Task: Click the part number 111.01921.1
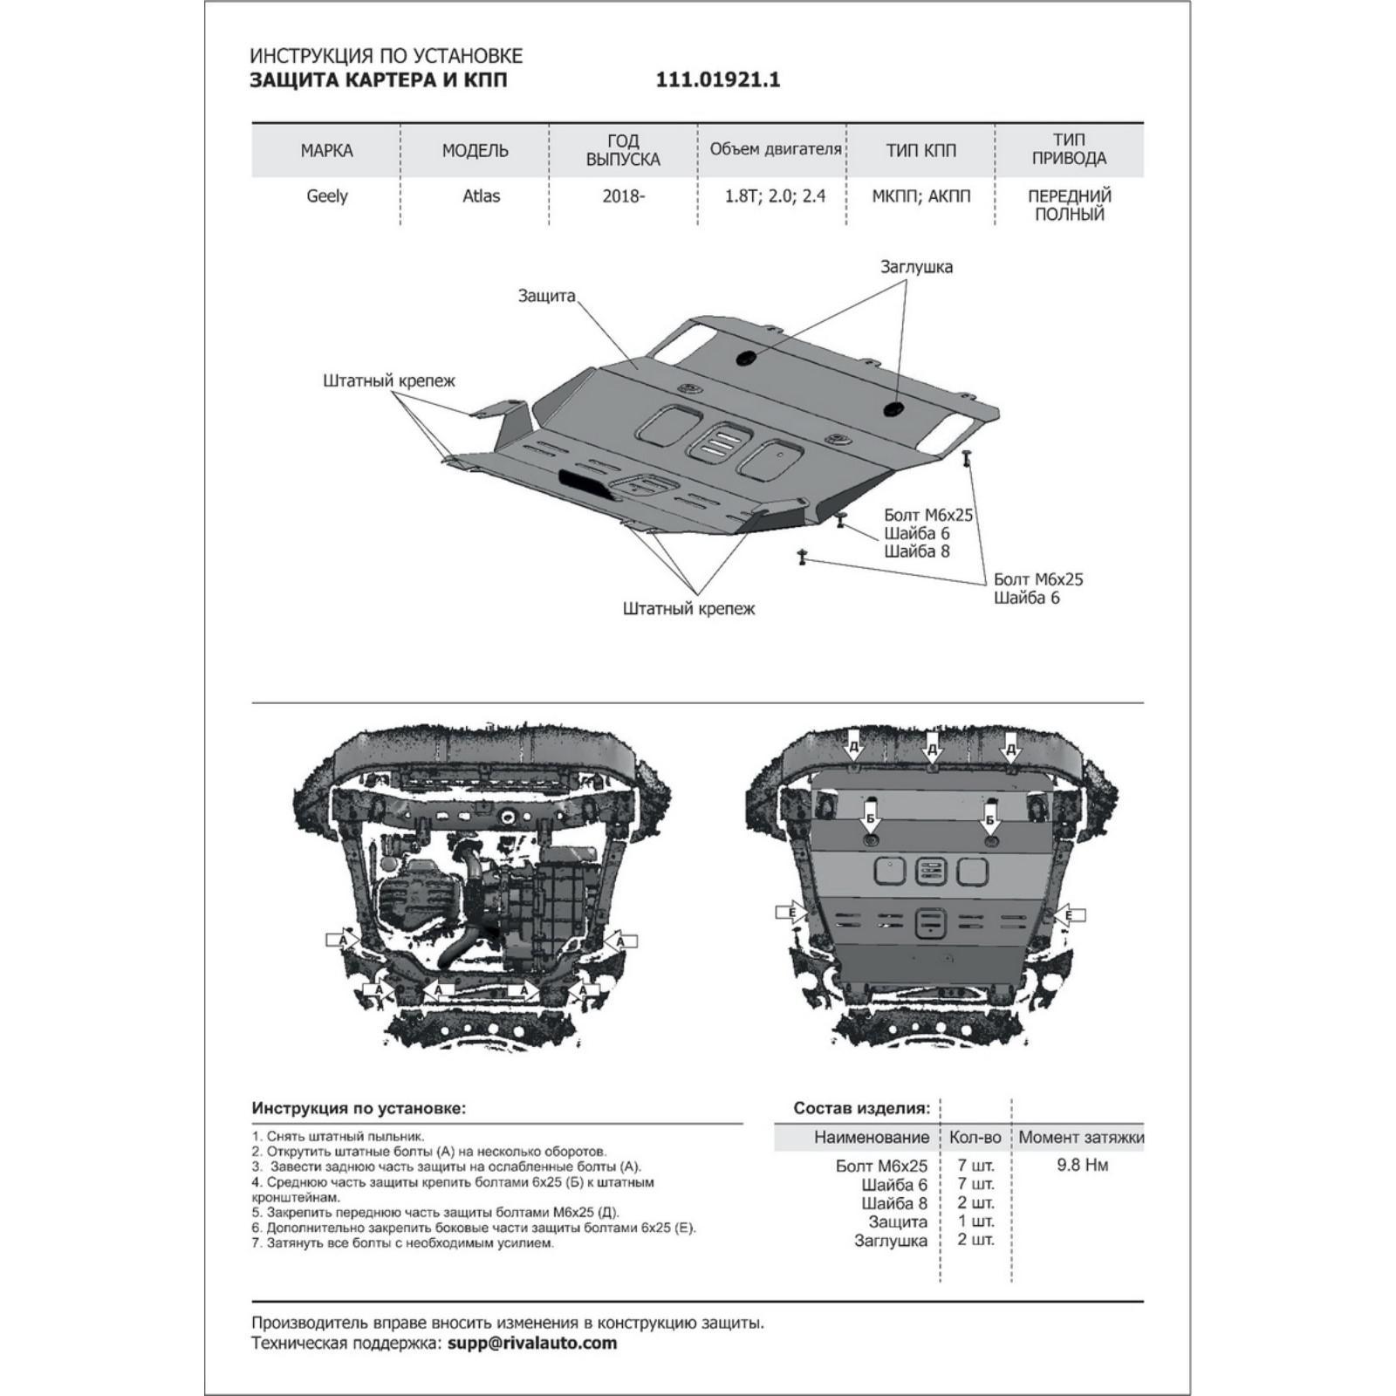[x=718, y=80]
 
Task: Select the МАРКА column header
[x=326, y=150]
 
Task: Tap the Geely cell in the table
[x=327, y=195]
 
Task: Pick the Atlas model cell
[x=481, y=195]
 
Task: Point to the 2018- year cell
[x=623, y=195]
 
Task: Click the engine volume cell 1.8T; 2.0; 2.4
[x=775, y=195]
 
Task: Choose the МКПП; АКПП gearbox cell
[x=920, y=195]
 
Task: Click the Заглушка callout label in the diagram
[x=916, y=267]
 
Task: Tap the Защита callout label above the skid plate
[x=547, y=296]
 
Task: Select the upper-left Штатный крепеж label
[x=389, y=380]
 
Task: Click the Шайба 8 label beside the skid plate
[x=916, y=551]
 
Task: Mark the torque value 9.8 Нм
[x=1083, y=1165]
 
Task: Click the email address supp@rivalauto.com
[x=532, y=1343]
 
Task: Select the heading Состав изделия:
[x=862, y=1108]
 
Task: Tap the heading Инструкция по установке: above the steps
[x=359, y=1108]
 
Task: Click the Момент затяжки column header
[x=1081, y=1137]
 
